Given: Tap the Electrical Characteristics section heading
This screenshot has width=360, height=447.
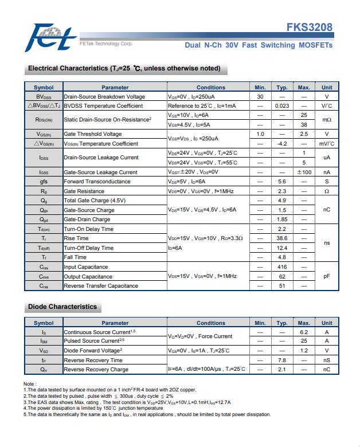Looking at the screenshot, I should tap(124, 68).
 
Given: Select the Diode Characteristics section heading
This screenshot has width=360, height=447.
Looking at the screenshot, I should tap(62, 307).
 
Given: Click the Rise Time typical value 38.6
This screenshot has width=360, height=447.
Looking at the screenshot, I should tap(281, 238).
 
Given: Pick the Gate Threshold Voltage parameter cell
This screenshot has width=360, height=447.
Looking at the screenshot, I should tap(93, 134).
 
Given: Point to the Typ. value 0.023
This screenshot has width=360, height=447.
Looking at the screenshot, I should tap(281, 106).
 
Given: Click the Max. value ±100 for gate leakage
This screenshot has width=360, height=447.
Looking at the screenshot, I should tap(304, 172).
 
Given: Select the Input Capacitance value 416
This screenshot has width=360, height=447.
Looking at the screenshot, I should tap(281, 267).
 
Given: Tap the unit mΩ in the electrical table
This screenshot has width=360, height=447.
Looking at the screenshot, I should tap(326, 120).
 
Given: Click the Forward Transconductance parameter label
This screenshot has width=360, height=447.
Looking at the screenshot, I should tap(97, 182).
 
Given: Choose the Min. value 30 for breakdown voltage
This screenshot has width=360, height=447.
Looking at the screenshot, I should tap(260, 97).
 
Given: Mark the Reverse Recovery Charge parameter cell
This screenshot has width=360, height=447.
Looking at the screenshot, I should tap(96, 370).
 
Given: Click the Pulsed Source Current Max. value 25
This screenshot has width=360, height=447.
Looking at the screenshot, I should tap(304, 341).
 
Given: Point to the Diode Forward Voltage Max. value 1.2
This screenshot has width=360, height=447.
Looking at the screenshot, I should tap(304, 350).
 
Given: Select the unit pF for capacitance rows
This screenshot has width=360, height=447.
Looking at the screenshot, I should tap(326, 276).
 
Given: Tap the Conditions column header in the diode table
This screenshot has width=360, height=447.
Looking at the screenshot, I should tap(210, 323).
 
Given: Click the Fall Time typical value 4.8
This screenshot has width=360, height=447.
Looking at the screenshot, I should tap(281, 257).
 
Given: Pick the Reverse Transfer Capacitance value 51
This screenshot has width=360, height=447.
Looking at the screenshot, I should tap(281, 285).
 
